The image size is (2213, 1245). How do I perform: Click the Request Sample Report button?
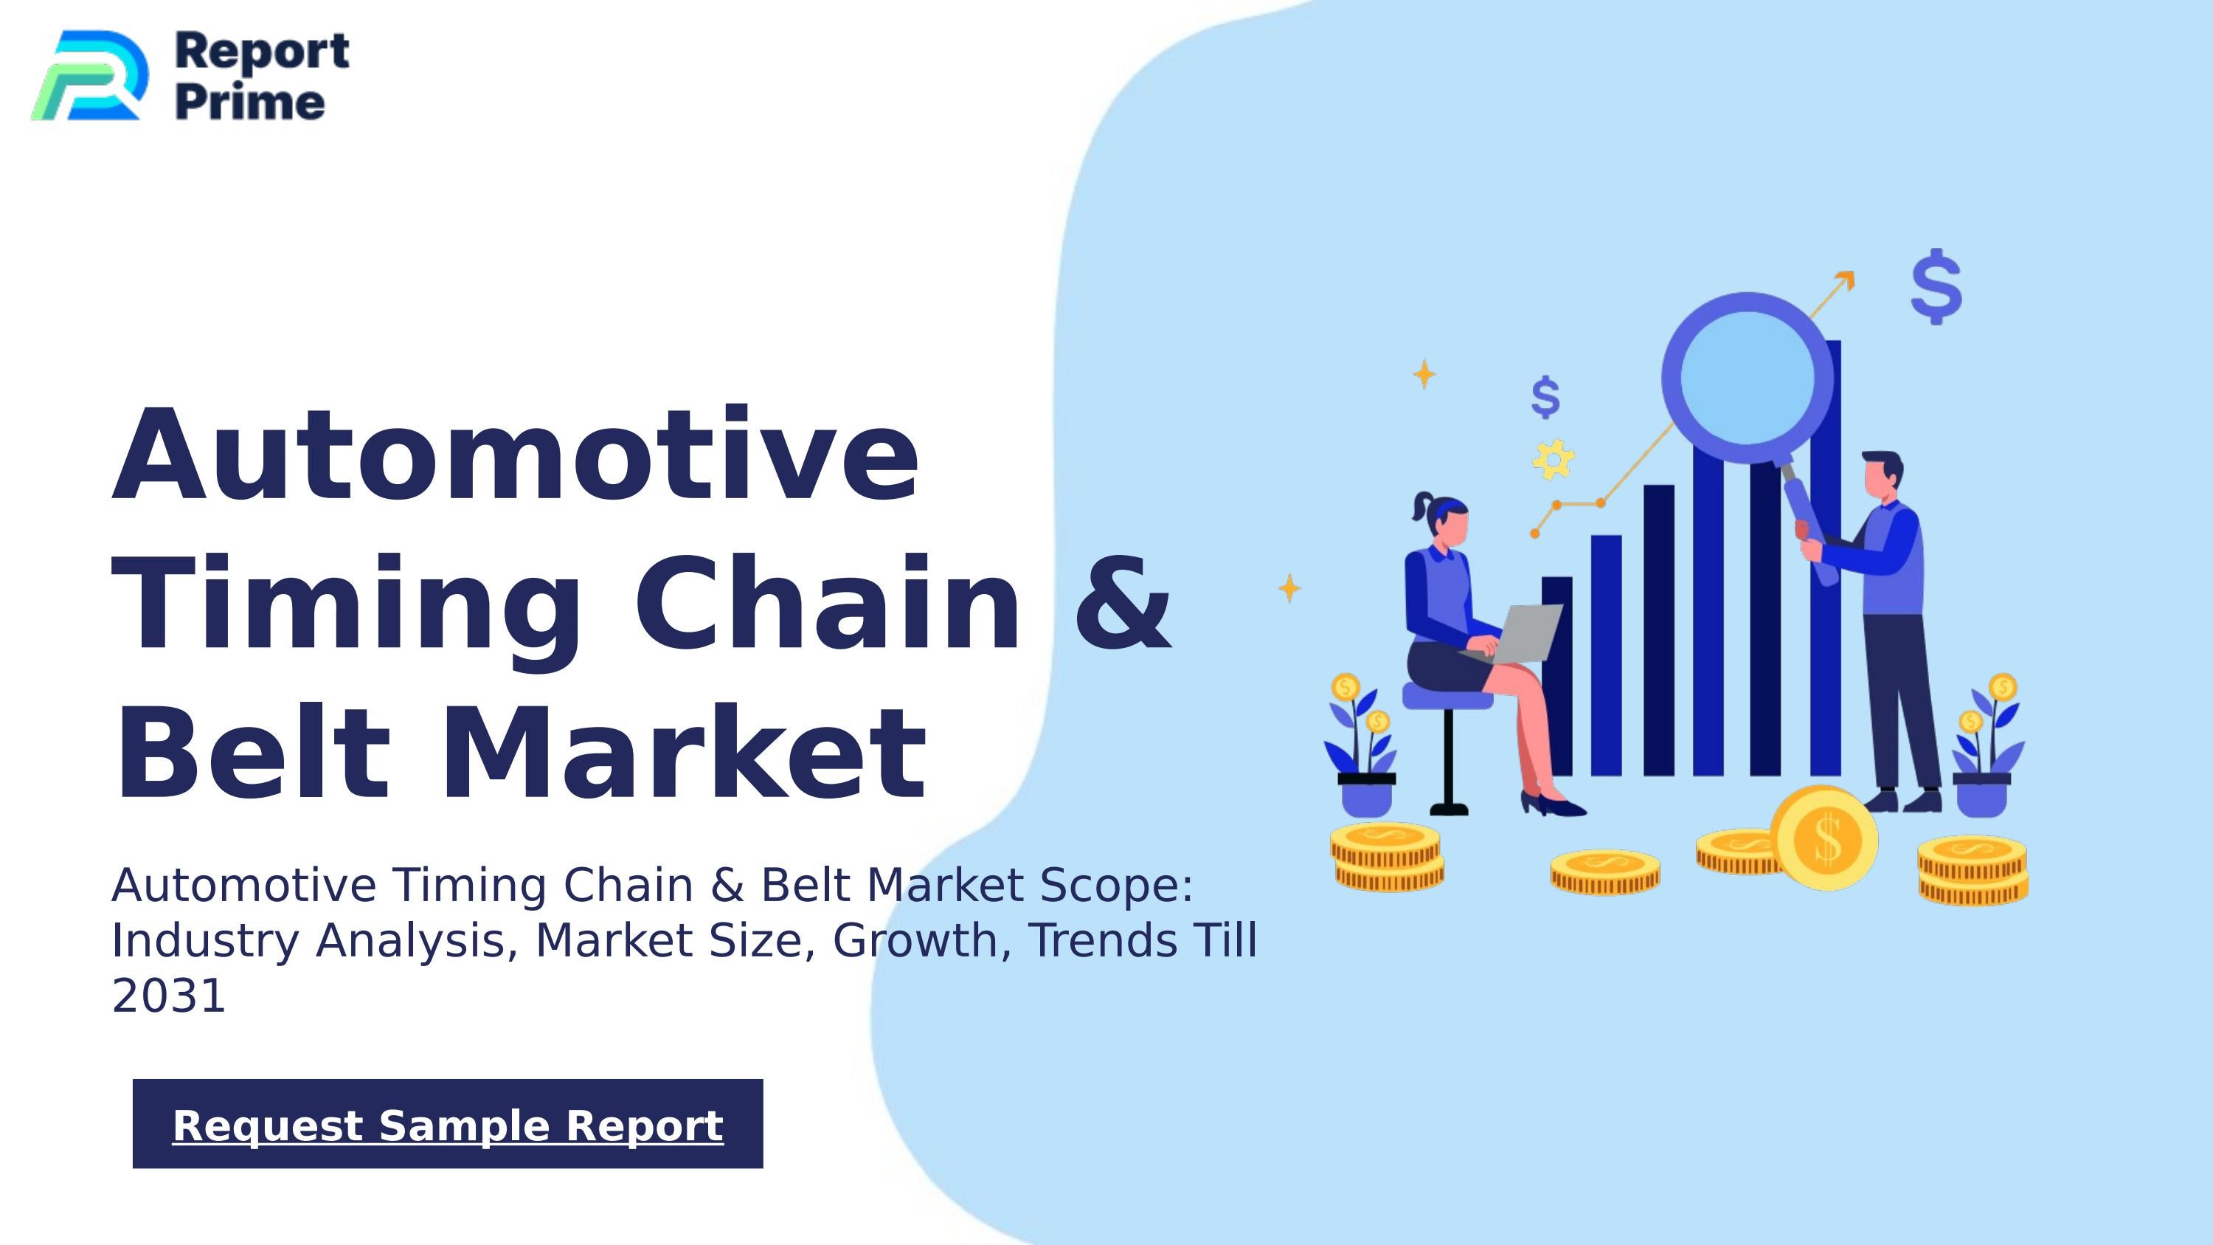pos(448,1124)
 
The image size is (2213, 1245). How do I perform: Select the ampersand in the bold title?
pos(1122,603)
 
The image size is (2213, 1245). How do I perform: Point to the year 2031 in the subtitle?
pos(168,996)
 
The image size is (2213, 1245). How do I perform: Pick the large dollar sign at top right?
pos(1936,286)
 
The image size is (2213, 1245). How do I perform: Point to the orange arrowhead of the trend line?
pos(1846,280)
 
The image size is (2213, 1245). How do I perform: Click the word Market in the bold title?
pos(683,753)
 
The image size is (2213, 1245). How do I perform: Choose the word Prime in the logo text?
pos(250,103)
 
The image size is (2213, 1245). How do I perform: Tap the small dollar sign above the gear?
pos(1545,397)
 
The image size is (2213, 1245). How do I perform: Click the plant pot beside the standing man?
pos(1981,795)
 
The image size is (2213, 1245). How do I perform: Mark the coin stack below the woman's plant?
pos(1388,857)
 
